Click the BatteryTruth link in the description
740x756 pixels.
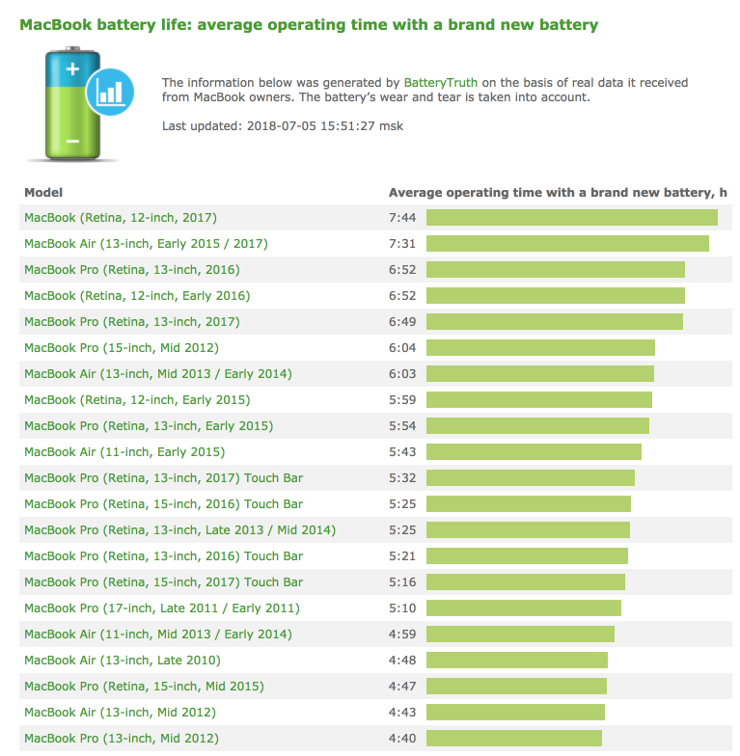(440, 84)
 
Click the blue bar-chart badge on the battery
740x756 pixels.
(110, 91)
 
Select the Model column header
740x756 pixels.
(43, 193)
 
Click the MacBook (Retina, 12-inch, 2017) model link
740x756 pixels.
(121, 218)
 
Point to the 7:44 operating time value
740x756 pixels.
(401, 218)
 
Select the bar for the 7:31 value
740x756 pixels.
(567, 244)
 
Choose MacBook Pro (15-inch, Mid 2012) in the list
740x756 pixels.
(122, 348)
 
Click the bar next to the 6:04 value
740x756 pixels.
(540, 348)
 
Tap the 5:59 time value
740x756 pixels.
(401, 400)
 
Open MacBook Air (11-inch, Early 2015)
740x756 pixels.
(124, 452)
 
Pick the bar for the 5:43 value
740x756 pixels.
(534, 452)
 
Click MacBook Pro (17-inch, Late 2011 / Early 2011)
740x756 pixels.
(162, 608)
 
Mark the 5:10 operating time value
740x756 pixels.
(401, 608)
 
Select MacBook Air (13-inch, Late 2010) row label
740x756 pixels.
(123, 661)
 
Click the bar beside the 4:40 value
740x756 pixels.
(513, 739)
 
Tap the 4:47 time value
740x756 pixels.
(401, 687)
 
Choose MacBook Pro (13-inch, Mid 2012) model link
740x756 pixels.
(122, 739)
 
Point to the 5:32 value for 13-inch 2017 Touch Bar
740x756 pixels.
(401, 478)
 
